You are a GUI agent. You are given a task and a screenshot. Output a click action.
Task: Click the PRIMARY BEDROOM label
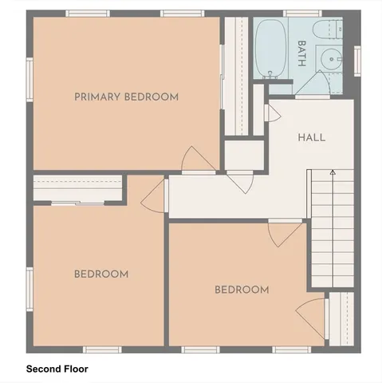(126, 97)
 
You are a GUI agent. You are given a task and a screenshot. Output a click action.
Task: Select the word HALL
(311, 137)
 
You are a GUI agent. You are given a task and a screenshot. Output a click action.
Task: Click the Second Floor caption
(57, 369)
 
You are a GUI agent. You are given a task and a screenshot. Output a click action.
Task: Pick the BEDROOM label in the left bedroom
(101, 274)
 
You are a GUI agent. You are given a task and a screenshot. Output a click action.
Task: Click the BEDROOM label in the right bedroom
(242, 290)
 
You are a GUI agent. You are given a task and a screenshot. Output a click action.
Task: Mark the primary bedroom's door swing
(196, 160)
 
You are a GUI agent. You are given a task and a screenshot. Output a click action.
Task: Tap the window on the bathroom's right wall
(356, 61)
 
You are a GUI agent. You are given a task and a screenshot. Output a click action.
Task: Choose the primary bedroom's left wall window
(29, 81)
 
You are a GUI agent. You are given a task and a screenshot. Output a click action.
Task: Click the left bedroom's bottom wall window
(102, 349)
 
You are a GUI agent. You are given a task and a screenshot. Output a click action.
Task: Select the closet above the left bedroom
(78, 189)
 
